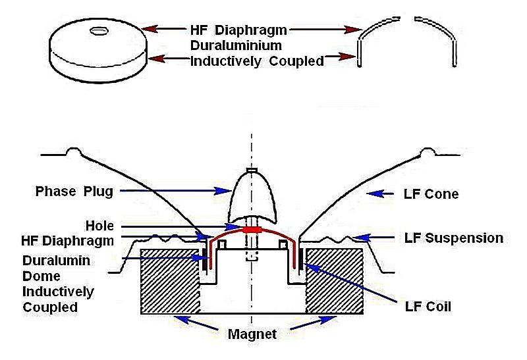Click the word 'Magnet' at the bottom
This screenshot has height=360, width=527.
click(x=252, y=334)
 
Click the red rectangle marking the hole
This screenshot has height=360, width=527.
click(x=251, y=230)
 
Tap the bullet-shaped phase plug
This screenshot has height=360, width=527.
click(x=251, y=197)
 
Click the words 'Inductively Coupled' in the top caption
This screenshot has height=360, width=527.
click(x=256, y=62)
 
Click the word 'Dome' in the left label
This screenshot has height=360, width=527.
click(x=42, y=276)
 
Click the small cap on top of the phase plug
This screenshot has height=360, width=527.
click(x=251, y=170)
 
